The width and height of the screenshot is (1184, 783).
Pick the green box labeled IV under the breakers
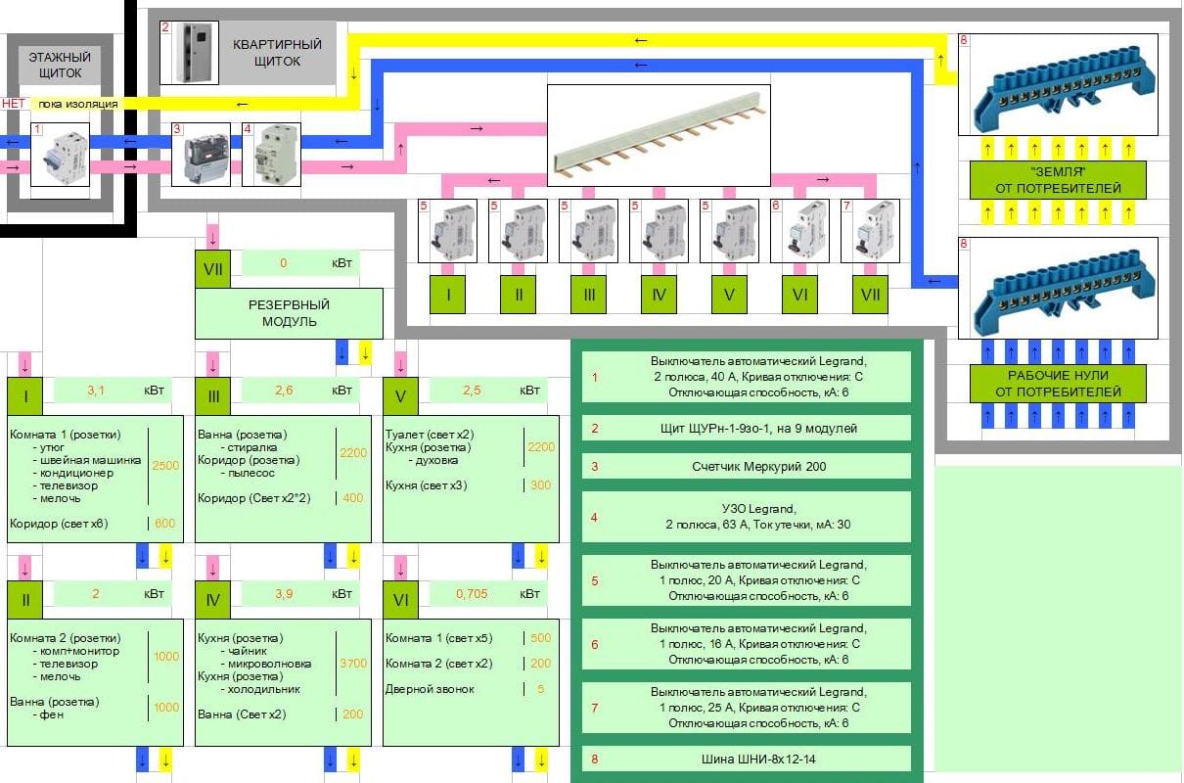[659, 294]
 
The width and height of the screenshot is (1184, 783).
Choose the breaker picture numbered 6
[799, 231]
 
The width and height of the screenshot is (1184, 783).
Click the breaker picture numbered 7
[870, 231]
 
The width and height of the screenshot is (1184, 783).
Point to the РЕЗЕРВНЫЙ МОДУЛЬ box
[290, 313]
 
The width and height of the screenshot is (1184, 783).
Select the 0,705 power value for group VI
[472, 594]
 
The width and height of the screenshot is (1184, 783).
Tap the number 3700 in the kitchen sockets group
[352, 664]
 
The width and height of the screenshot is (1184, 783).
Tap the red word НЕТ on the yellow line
[14, 103]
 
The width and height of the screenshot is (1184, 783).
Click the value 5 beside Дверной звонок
[541, 689]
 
